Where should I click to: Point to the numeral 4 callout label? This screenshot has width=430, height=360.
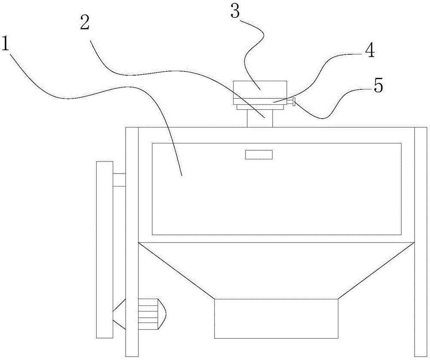(x=369, y=51)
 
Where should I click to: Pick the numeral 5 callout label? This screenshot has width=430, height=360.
(x=378, y=86)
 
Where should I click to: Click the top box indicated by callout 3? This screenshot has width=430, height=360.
(x=259, y=88)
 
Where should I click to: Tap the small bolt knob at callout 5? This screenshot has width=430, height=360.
(x=293, y=102)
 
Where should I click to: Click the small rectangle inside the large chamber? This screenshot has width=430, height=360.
(x=259, y=155)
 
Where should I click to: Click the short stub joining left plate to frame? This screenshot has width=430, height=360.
(x=119, y=180)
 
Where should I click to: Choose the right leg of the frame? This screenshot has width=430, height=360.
(x=421, y=241)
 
